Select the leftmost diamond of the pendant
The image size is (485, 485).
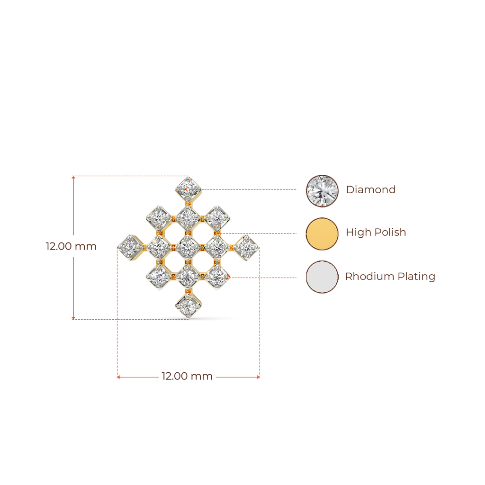pyautogui.click(x=130, y=247)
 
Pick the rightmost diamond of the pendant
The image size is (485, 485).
pyautogui.click(x=246, y=247)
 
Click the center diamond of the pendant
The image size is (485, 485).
pyautogui.click(x=187, y=246)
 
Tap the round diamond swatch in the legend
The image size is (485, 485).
pyautogui.click(x=322, y=190)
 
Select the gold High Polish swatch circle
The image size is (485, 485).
pyautogui.click(x=322, y=233)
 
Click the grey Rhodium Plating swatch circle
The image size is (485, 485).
pyautogui.click(x=322, y=277)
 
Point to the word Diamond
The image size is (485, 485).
pyautogui.click(x=370, y=190)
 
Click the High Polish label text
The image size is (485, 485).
pyautogui.click(x=376, y=233)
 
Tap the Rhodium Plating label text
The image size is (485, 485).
pyautogui.click(x=390, y=277)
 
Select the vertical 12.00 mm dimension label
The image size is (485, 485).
pyautogui.click(x=71, y=246)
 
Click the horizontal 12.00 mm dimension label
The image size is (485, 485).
pyautogui.click(x=188, y=377)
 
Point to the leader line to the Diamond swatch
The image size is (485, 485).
pyautogui.click(x=251, y=189)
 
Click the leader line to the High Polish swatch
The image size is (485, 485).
pyautogui.click(x=260, y=233)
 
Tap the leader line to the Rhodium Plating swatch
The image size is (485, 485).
pyautogui.click(x=265, y=277)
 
